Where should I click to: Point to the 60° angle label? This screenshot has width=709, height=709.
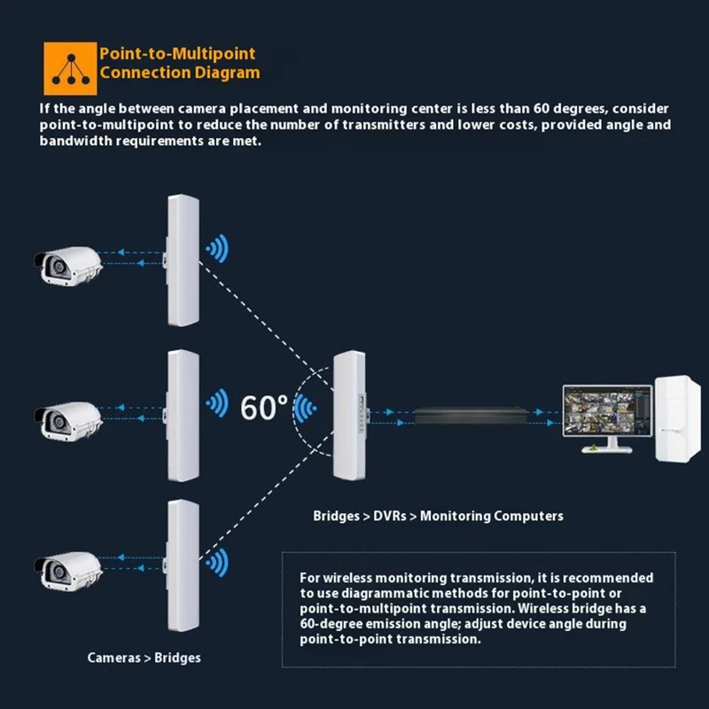tap(264, 407)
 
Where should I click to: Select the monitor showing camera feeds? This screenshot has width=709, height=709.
tap(604, 414)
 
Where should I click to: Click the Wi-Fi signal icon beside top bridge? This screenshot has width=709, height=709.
tap(216, 249)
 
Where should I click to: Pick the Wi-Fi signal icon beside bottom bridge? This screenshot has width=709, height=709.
tap(216, 561)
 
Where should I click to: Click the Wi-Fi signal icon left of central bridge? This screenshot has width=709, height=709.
tap(307, 409)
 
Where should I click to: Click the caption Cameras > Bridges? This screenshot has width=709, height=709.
tap(144, 658)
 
